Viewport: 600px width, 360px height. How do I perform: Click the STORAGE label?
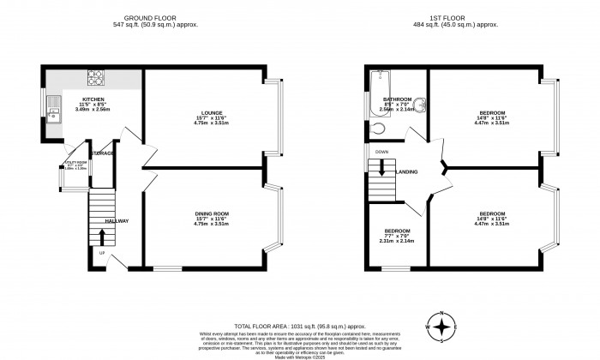click(104, 153)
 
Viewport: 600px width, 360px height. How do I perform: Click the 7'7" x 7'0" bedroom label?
click(396, 236)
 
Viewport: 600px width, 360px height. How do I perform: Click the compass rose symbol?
click(441, 327)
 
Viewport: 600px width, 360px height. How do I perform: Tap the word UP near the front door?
click(101, 253)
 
